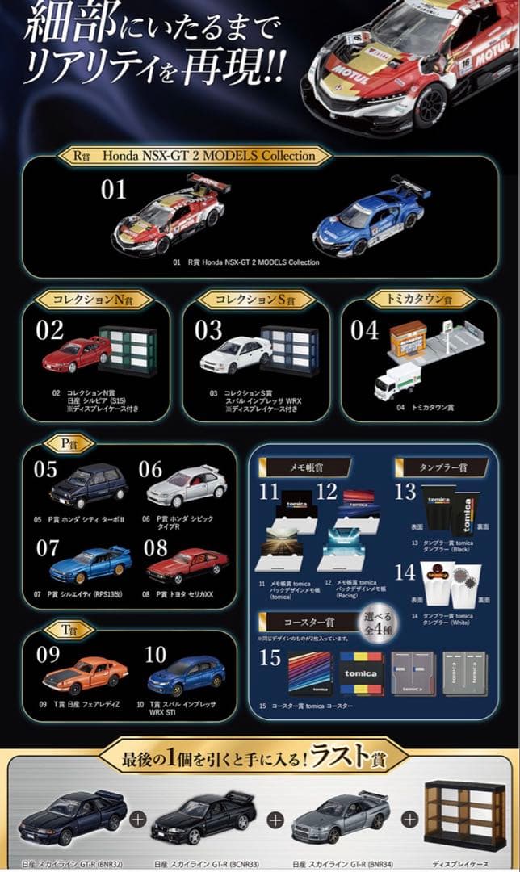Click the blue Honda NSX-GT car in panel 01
click(x=371, y=216)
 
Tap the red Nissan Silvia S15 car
click(x=76, y=354)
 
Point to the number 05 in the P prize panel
click(x=45, y=469)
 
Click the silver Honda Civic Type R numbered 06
click(x=187, y=486)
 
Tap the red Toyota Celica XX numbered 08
click(x=187, y=565)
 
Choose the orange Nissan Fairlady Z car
click(x=85, y=676)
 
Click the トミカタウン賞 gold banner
click(x=409, y=299)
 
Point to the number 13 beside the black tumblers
click(x=405, y=492)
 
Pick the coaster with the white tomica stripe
click(x=361, y=673)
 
